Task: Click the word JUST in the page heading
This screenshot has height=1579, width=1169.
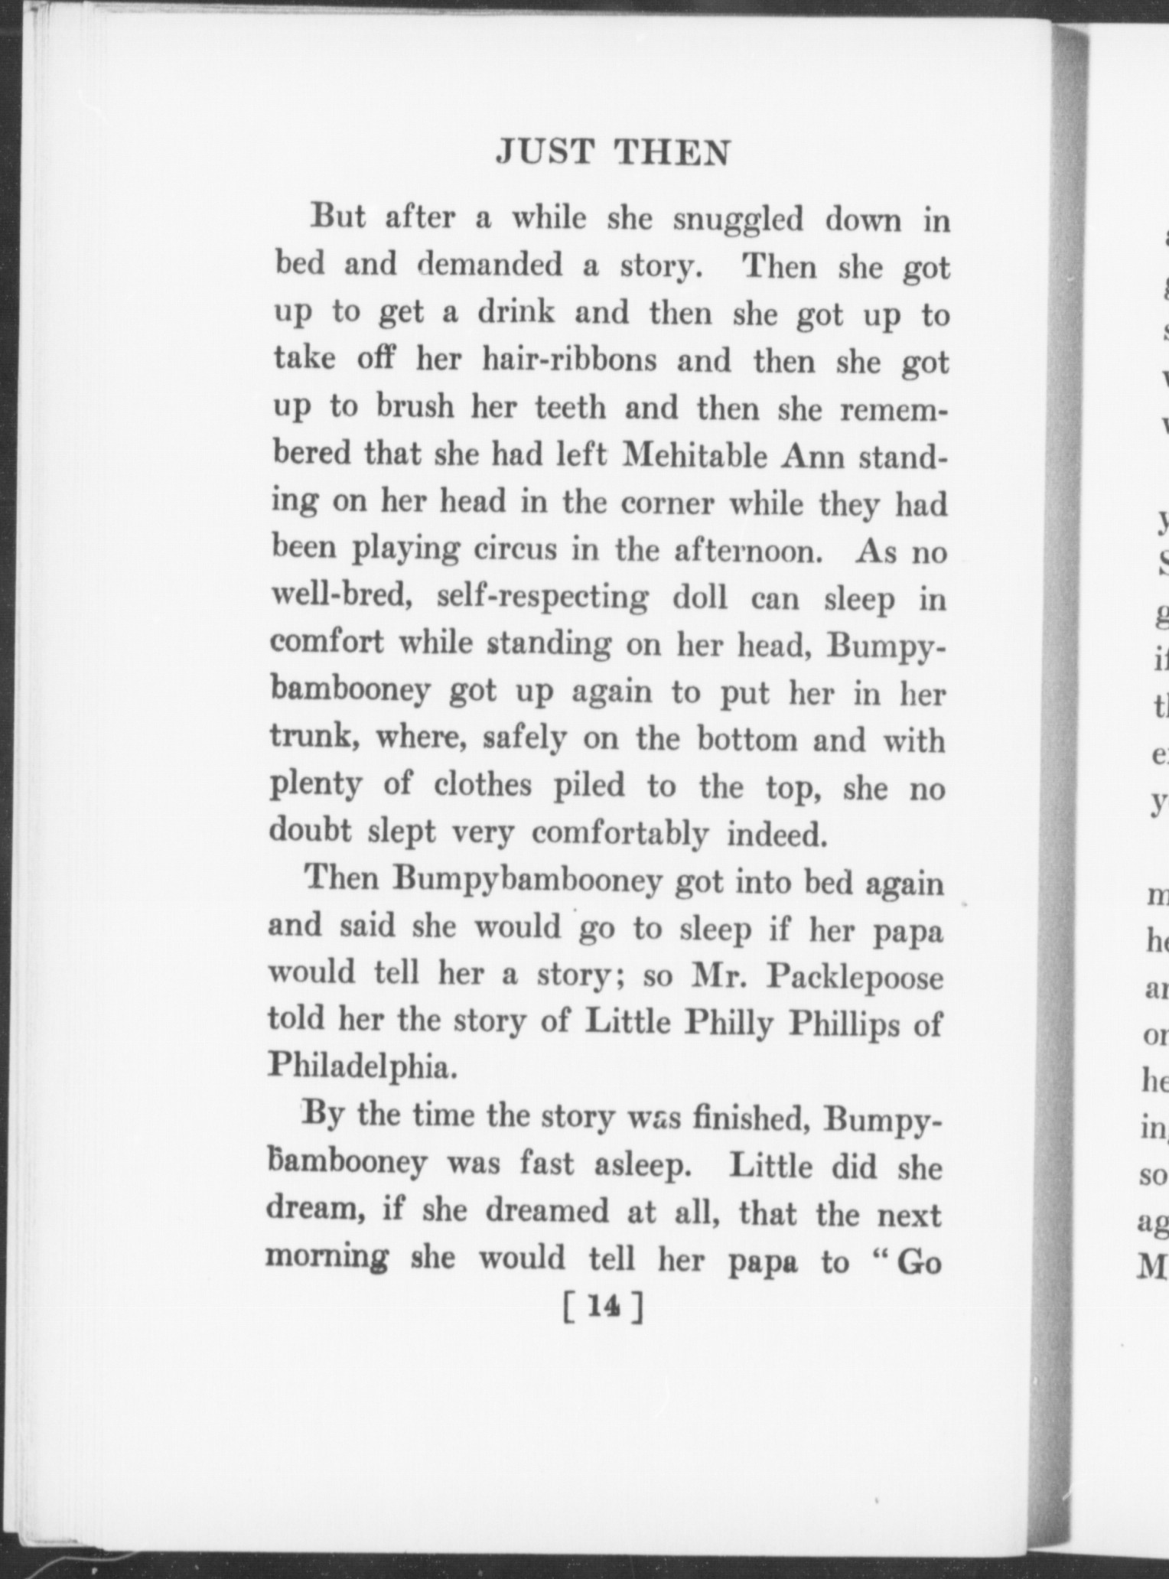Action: coord(544,153)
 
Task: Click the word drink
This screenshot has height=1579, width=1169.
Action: coord(516,314)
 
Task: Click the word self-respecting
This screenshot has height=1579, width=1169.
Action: coord(542,598)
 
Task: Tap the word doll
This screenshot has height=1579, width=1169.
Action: coord(700,597)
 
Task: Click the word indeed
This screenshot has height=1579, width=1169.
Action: coord(777,834)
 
